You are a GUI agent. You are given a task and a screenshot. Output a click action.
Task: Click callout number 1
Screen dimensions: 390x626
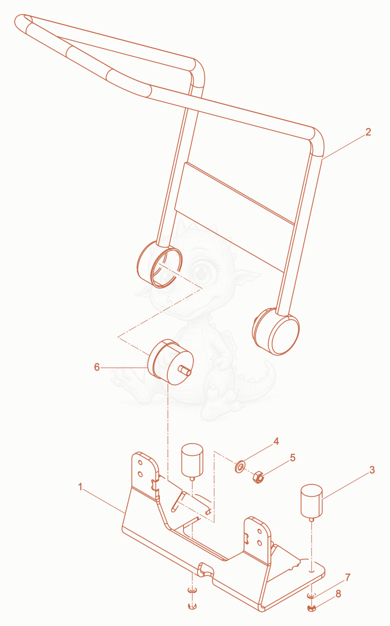coord(80,487)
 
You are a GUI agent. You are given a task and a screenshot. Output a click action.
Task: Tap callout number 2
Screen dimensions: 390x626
coord(368,132)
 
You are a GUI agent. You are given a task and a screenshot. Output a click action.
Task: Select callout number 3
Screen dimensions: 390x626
coord(372,470)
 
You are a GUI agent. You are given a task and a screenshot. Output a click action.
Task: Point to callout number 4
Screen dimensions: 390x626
coord(276,441)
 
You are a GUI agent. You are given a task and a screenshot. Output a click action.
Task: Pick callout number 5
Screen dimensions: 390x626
coord(293,458)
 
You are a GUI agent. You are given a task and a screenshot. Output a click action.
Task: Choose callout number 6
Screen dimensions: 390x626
coord(97,367)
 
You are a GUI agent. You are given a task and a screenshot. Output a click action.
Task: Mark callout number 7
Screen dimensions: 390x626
coord(348,577)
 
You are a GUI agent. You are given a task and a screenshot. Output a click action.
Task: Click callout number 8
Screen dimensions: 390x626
coord(338,594)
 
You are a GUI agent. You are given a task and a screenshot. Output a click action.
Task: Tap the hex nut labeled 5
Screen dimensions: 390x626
coord(259,477)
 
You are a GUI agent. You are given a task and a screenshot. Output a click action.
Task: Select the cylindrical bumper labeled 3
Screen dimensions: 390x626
coord(312,501)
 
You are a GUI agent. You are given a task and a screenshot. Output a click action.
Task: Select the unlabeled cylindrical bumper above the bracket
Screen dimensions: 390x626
coord(192,461)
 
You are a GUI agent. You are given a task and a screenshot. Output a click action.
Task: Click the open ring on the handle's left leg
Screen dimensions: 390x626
coord(166,268)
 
